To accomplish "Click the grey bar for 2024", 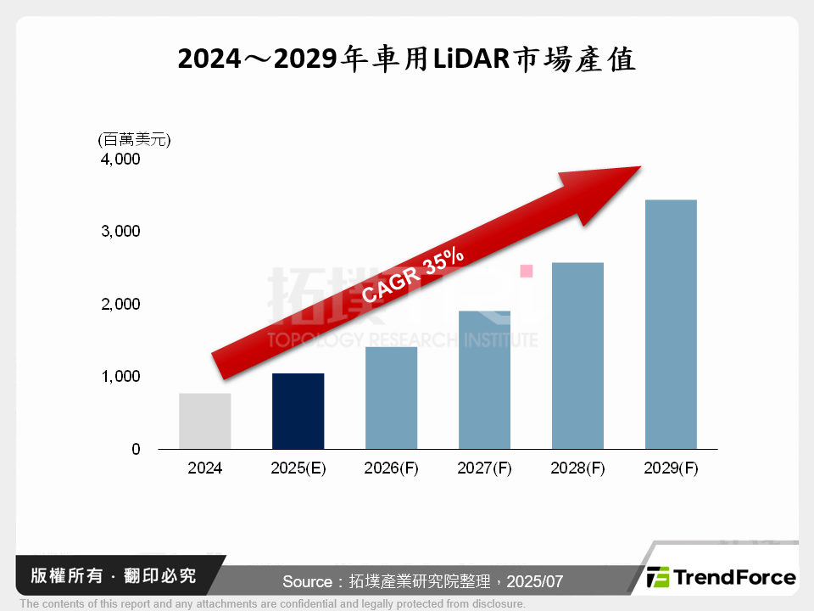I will point(205,421).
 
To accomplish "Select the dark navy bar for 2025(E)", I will point(298,412).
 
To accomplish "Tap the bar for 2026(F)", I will point(391,398).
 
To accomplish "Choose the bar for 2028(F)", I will point(577,356).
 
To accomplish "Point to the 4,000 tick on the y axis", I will point(121,159).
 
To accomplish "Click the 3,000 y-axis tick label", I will point(121,231).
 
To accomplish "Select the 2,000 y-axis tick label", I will point(121,304).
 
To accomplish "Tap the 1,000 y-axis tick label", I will point(121,376).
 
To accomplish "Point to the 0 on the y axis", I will point(136,449).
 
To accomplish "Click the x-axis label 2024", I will point(205,468).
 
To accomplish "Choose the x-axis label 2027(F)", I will point(484,468).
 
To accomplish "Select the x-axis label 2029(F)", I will point(671,468).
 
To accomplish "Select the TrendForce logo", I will point(722,578).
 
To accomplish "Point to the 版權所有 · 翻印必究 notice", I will point(113,576).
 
